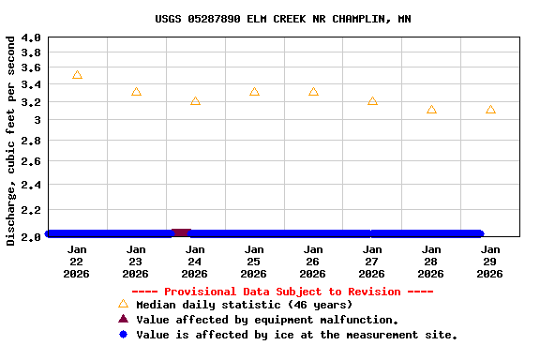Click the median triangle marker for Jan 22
click(x=77, y=75)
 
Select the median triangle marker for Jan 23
click(x=136, y=92)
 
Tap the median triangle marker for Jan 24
click(x=195, y=100)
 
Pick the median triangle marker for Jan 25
click(x=254, y=92)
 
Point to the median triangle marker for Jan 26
click(x=313, y=92)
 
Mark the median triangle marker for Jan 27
click(x=372, y=100)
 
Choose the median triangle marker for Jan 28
click(x=431, y=110)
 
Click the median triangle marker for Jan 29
click(x=490, y=110)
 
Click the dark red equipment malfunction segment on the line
click(x=181, y=232)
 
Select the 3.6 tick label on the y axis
click(x=31, y=68)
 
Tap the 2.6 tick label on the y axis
click(x=31, y=162)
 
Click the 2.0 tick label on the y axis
click(x=31, y=236)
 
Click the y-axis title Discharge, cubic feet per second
click(x=10, y=141)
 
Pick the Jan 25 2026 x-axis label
click(x=254, y=262)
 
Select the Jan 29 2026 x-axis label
click(x=490, y=262)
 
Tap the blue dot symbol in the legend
click(x=123, y=335)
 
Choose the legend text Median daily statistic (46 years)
click(x=244, y=305)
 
